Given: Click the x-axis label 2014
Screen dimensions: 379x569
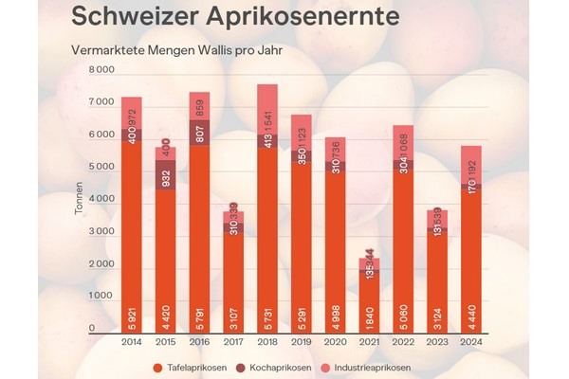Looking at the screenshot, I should pos(132,344).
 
